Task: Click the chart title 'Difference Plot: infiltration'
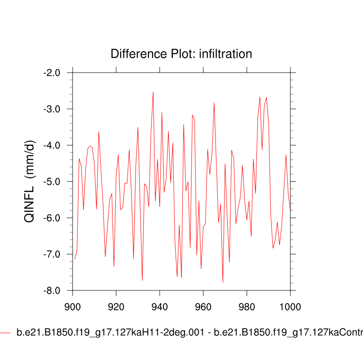(x=181, y=54)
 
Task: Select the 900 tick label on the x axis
(x=73, y=306)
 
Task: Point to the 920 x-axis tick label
(x=116, y=306)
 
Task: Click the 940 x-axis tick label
(x=160, y=306)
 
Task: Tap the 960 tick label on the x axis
(x=203, y=306)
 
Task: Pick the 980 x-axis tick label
(x=246, y=306)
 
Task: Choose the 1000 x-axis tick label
(x=290, y=306)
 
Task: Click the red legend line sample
(x=5, y=333)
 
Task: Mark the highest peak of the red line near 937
(x=153, y=92)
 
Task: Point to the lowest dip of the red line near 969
(x=223, y=282)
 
